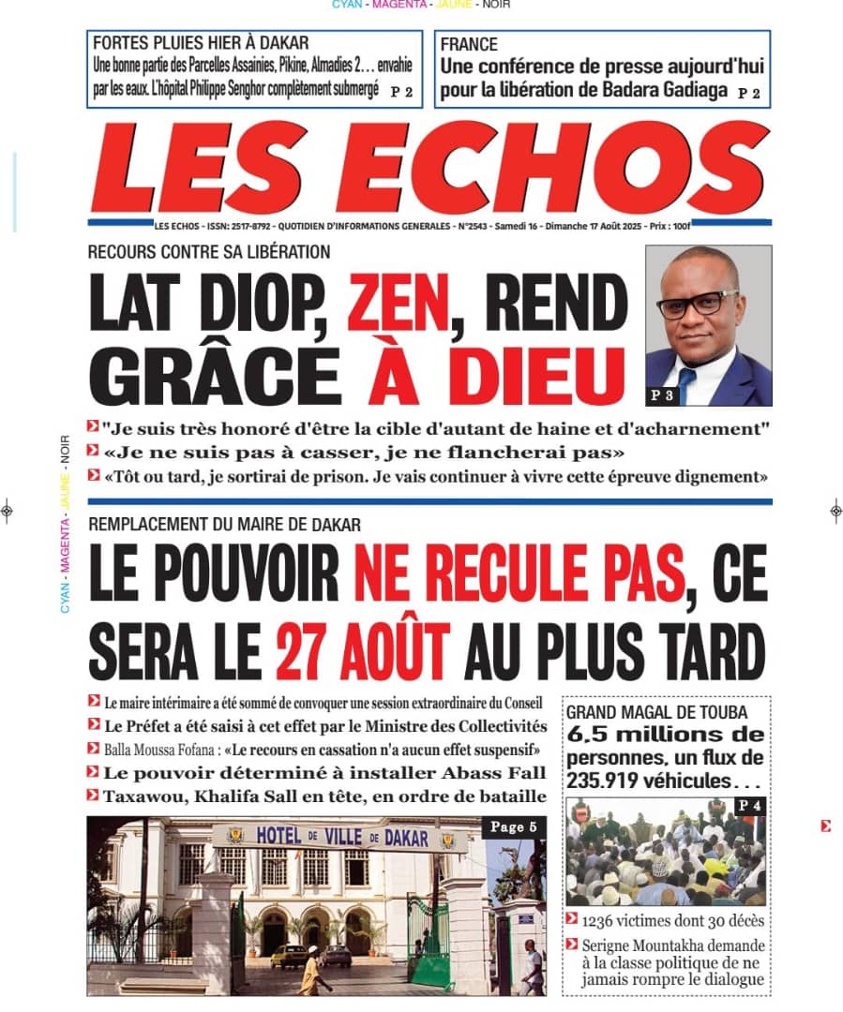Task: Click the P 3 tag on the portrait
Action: click(x=662, y=396)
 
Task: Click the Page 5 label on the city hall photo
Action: click(x=514, y=826)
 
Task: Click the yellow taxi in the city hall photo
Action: click(x=289, y=955)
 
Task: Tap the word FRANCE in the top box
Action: click(x=469, y=45)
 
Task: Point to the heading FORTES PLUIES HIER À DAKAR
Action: click(x=201, y=43)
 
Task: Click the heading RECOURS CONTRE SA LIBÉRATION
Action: click(x=208, y=252)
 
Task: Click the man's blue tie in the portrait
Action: click(x=687, y=382)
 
